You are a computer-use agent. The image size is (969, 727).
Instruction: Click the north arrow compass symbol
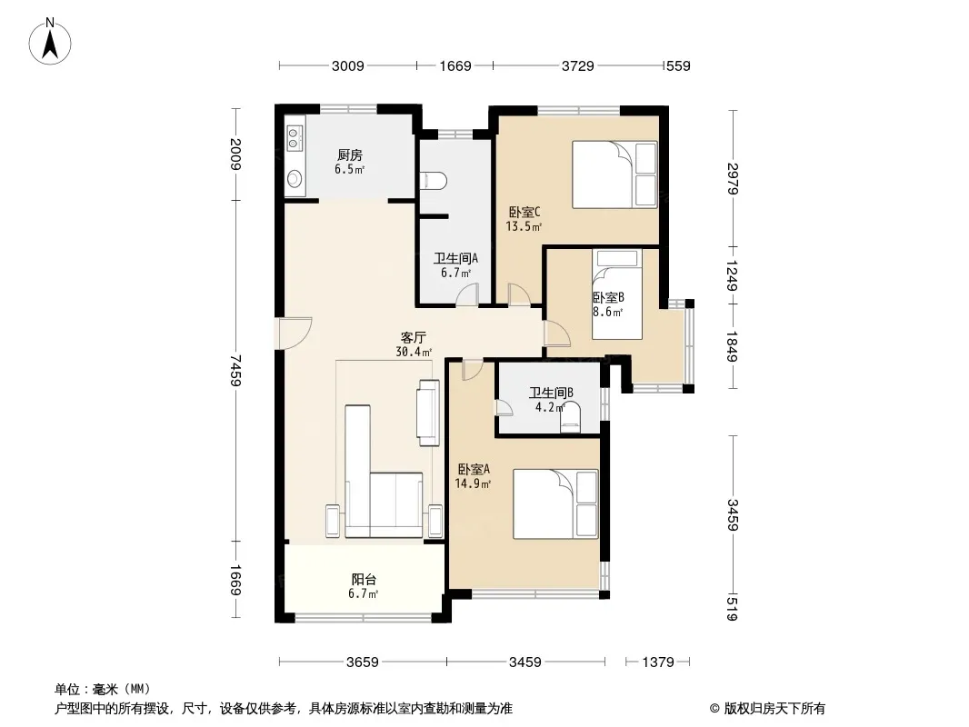(x=50, y=42)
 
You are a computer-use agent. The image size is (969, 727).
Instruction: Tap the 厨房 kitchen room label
(x=350, y=154)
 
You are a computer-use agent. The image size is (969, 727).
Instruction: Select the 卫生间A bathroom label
(x=455, y=258)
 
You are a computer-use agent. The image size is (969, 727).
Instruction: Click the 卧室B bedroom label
(x=608, y=297)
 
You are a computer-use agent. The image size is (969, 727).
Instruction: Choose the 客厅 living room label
(x=414, y=337)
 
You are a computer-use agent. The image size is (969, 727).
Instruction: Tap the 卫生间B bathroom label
(x=551, y=393)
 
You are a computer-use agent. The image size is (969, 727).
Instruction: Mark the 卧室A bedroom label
(x=474, y=469)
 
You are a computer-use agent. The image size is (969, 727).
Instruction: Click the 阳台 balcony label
(x=364, y=580)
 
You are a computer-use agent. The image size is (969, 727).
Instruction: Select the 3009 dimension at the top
(x=348, y=66)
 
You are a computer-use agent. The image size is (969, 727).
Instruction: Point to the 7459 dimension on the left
(x=235, y=370)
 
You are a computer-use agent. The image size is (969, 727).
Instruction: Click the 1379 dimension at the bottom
(x=657, y=662)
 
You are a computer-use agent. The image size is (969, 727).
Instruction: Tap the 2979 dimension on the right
(x=733, y=178)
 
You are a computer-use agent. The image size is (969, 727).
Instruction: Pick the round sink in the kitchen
(x=295, y=178)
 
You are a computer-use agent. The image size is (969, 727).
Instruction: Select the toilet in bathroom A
(x=434, y=180)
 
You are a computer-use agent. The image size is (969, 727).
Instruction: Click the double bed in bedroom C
(x=614, y=174)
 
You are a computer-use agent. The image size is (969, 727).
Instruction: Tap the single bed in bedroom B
(x=616, y=294)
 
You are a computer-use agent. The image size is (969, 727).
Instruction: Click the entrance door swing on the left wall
(x=295, y=333)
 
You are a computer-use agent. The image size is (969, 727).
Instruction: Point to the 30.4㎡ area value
(x=414, y=352)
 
